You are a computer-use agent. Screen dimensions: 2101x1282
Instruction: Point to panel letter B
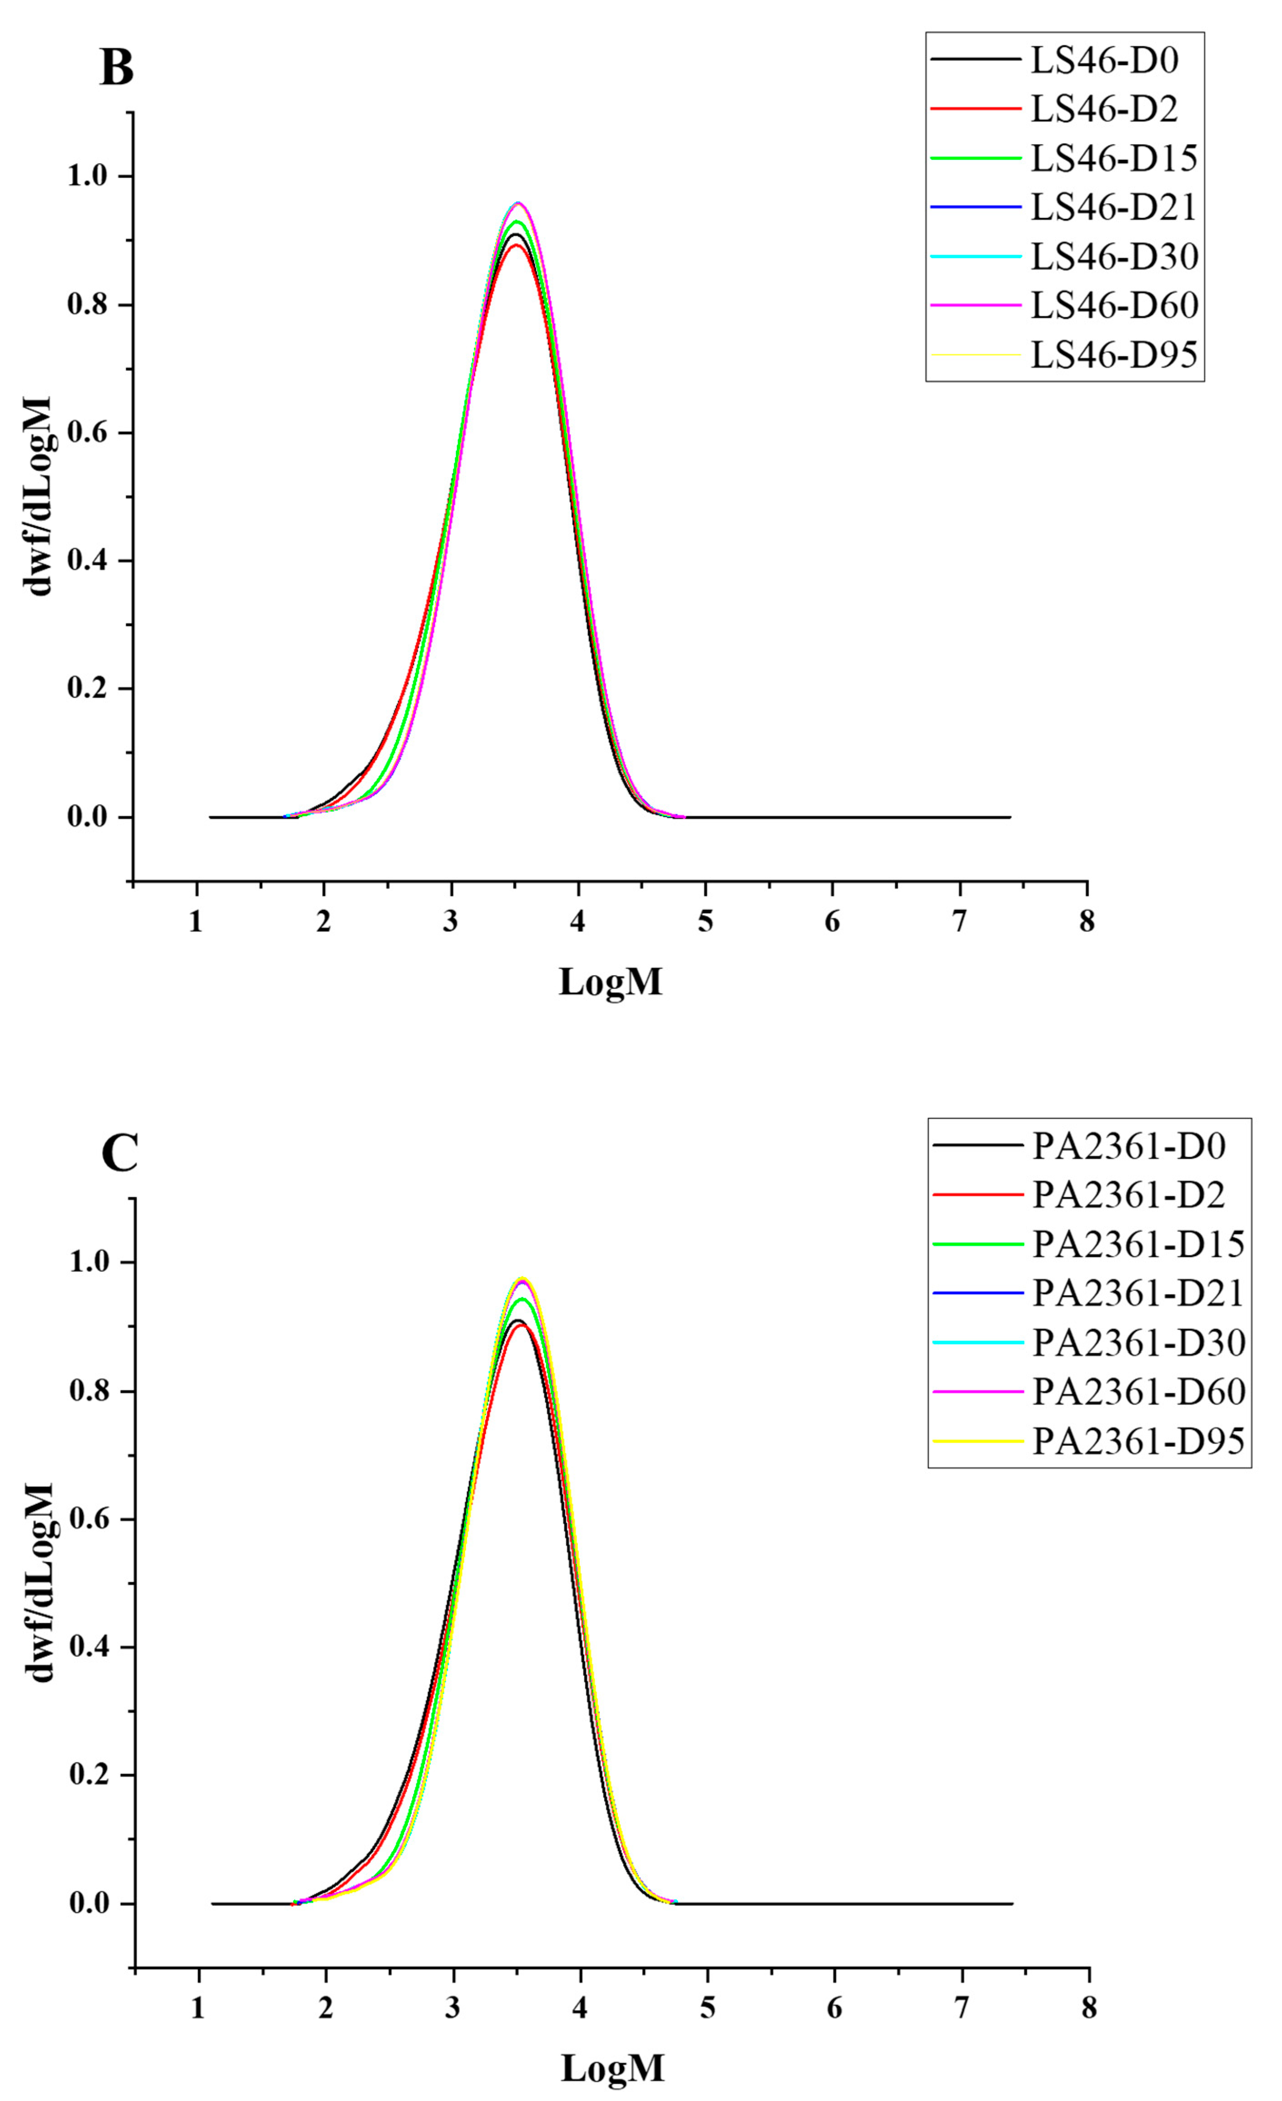117,68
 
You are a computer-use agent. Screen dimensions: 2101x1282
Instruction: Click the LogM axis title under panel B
610,982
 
